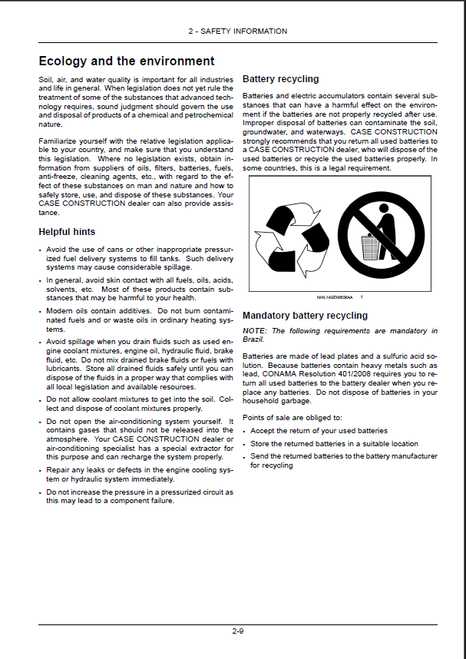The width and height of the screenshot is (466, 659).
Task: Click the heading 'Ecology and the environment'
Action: [x=127, y=61]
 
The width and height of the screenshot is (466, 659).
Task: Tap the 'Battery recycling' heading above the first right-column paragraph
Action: [x=280, y=79]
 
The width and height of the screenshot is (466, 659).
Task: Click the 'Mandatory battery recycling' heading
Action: [x=305, y=316]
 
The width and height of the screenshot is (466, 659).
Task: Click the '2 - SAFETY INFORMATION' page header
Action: [x=238, y=31]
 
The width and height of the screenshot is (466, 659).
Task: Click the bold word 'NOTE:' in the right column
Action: [x=255, y=331]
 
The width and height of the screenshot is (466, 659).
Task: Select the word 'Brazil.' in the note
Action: [x=253, y=339]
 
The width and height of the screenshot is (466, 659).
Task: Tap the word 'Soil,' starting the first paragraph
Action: [x=46, y=79]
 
